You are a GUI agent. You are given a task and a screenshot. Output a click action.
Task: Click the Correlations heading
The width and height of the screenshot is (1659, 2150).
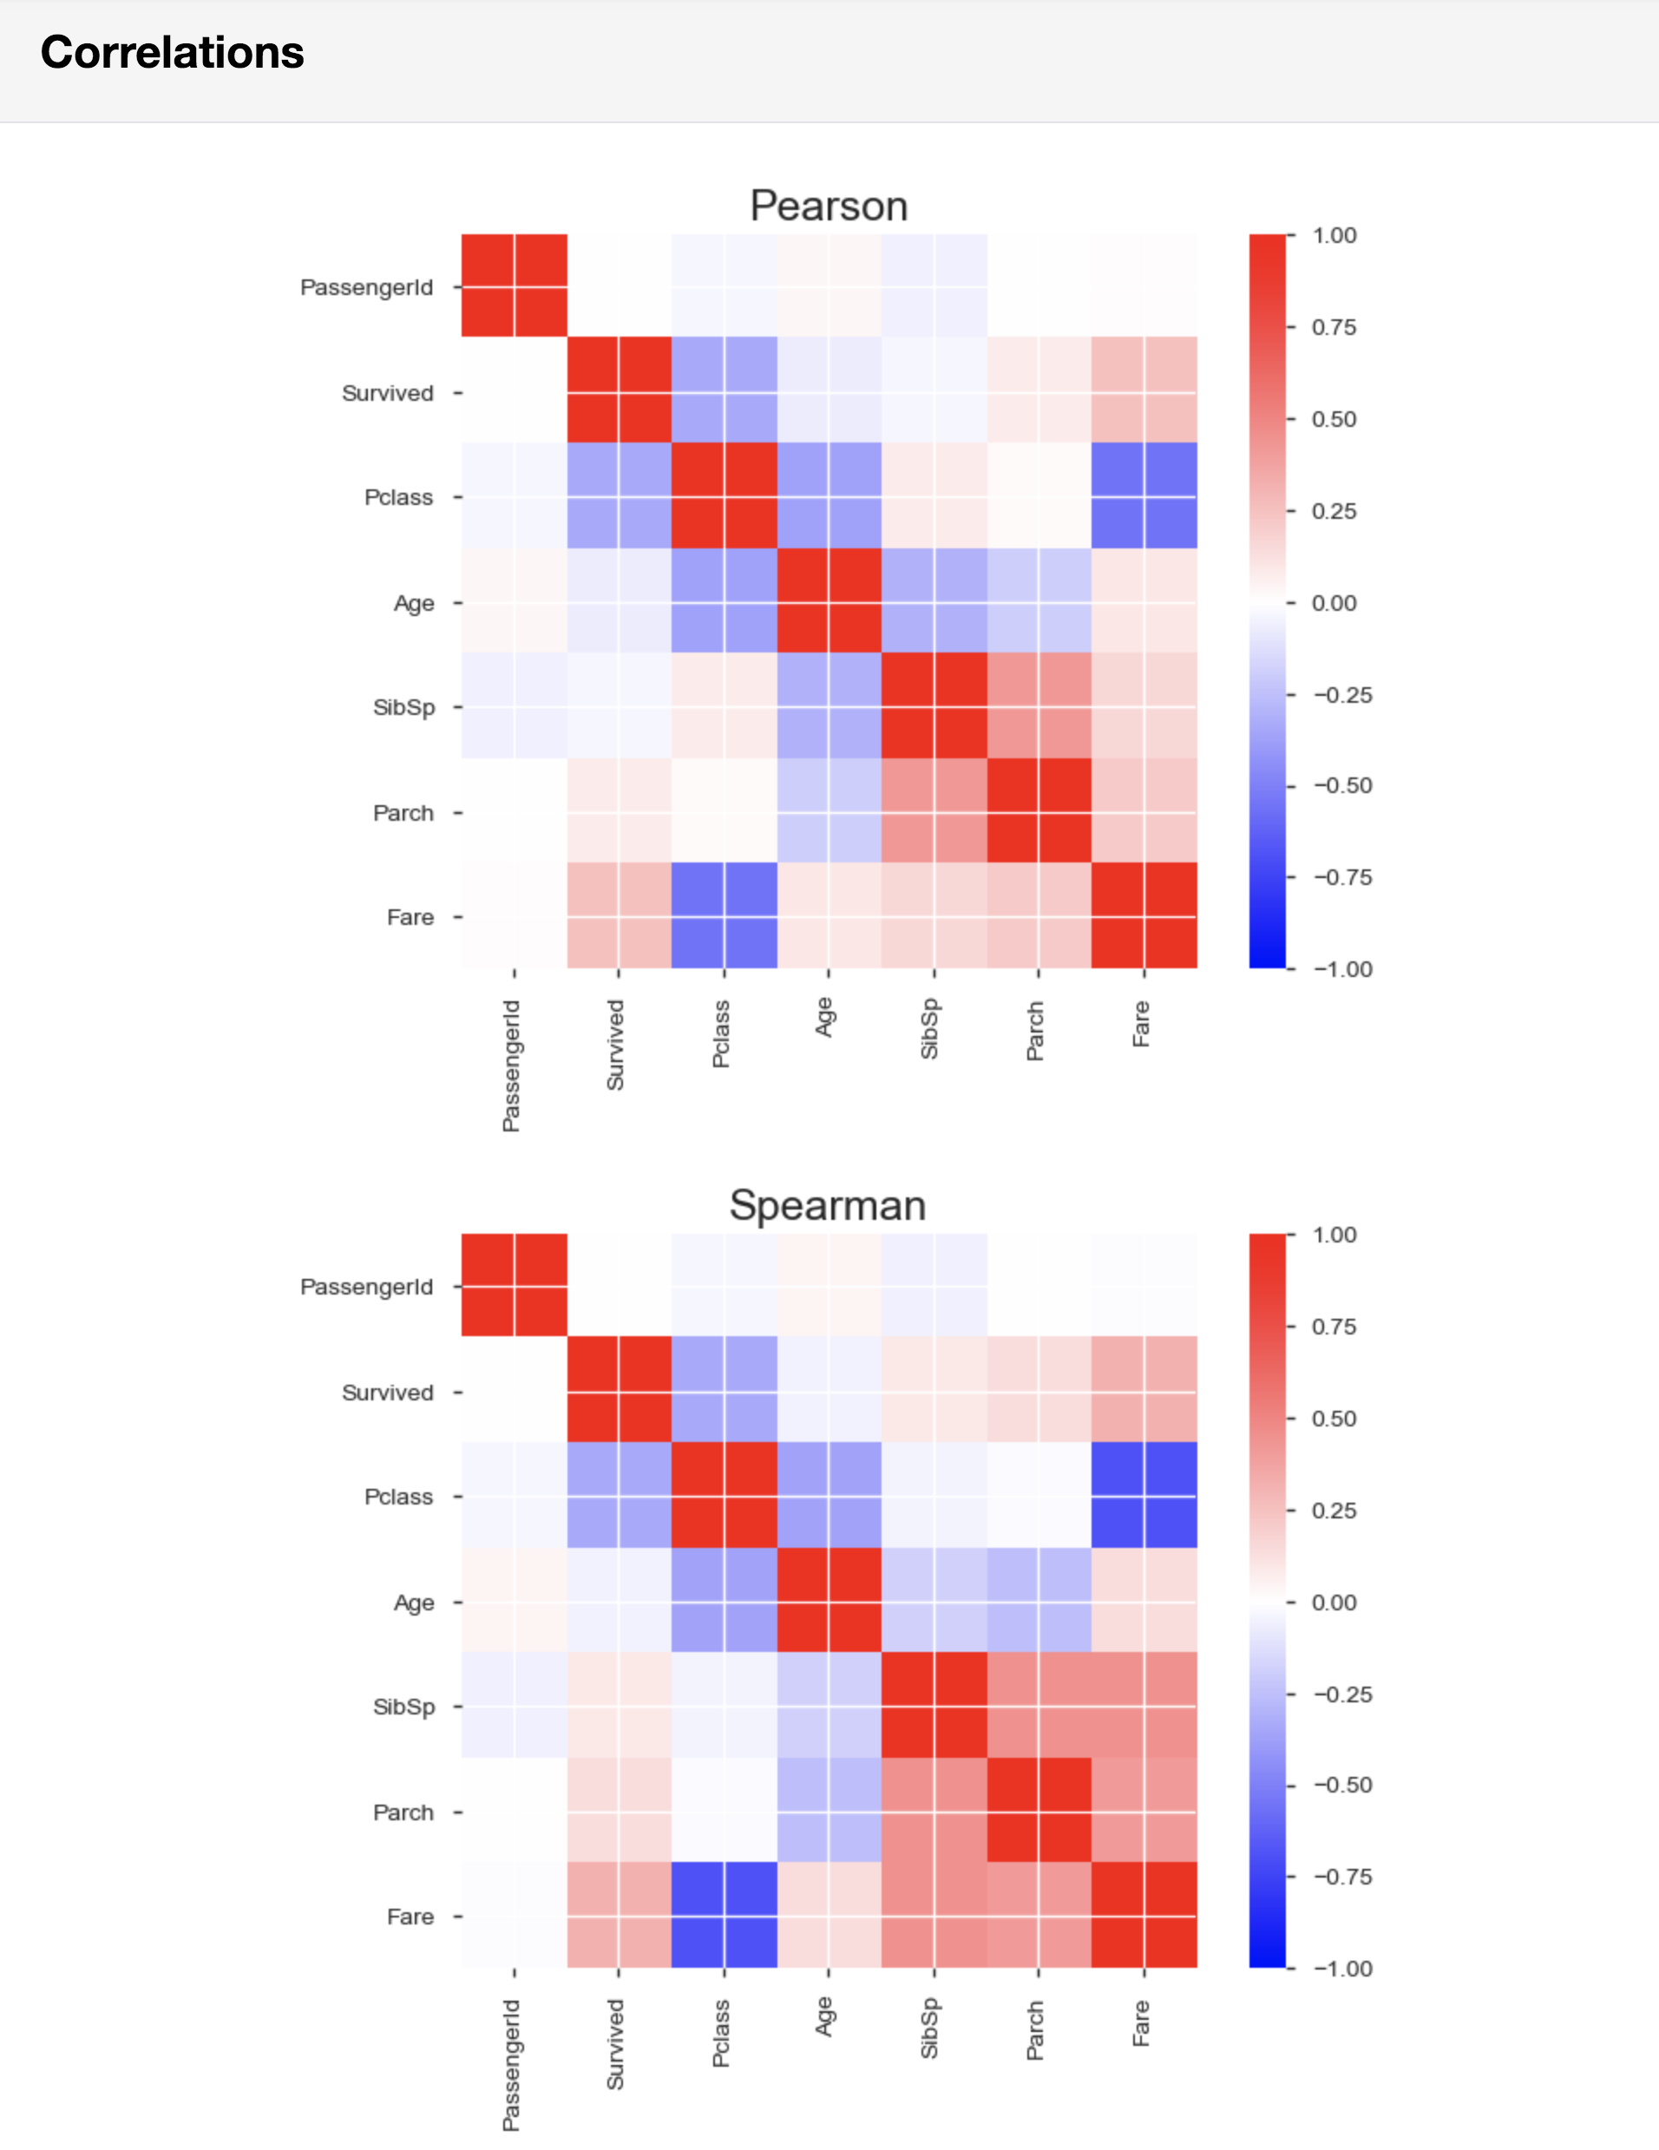coord(173,52)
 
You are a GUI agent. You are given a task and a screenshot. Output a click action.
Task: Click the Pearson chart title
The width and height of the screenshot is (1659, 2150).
coord(828,206)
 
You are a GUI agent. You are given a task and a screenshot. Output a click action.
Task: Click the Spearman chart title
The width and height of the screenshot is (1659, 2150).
coord(827,1205)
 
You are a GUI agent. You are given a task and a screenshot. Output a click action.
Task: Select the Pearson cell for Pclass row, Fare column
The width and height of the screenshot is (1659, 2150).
coord(1144,495)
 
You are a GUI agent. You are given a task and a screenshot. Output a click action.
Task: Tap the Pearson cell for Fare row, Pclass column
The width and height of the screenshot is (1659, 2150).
coord(724,915)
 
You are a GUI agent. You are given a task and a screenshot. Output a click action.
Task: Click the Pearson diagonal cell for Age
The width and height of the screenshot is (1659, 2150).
coord(829,600)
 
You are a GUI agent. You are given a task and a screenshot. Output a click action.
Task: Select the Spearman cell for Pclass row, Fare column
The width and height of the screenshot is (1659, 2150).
coord(1144,1495)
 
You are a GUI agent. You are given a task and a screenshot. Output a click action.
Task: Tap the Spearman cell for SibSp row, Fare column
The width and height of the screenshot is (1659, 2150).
coord(1144,1705)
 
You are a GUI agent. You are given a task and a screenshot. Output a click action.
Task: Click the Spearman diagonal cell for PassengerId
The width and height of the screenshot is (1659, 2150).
coord(514,1285)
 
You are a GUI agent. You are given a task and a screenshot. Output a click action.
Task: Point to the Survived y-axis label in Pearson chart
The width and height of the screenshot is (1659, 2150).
coord(387,393)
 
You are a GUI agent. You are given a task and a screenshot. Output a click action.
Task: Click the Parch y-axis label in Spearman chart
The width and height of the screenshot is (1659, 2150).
coord(403,1812)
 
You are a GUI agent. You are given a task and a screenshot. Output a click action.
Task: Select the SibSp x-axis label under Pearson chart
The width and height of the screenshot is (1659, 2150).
coord(929,1030)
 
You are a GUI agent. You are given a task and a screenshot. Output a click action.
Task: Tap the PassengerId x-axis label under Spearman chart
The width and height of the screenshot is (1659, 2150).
coord(511,2064)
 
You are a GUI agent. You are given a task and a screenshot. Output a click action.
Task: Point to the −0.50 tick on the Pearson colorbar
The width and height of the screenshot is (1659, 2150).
coord(1342,785)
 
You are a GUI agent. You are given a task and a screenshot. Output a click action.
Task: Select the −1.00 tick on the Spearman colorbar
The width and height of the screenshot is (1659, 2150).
coord(1342,1969)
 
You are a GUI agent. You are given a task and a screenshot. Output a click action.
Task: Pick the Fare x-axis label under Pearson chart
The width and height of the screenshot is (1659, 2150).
coord(1141,1024)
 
